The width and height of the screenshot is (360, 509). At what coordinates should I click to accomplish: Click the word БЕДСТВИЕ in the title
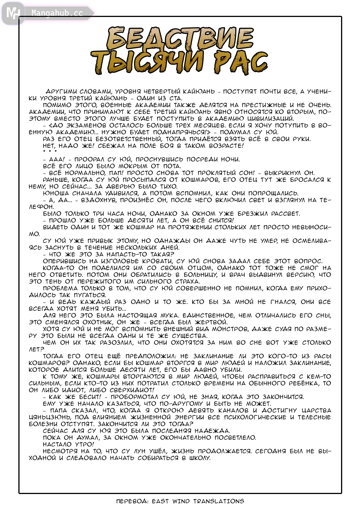180,38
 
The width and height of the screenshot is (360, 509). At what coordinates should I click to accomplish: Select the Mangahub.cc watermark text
57,13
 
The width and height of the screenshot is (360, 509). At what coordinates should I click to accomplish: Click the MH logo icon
13,13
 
